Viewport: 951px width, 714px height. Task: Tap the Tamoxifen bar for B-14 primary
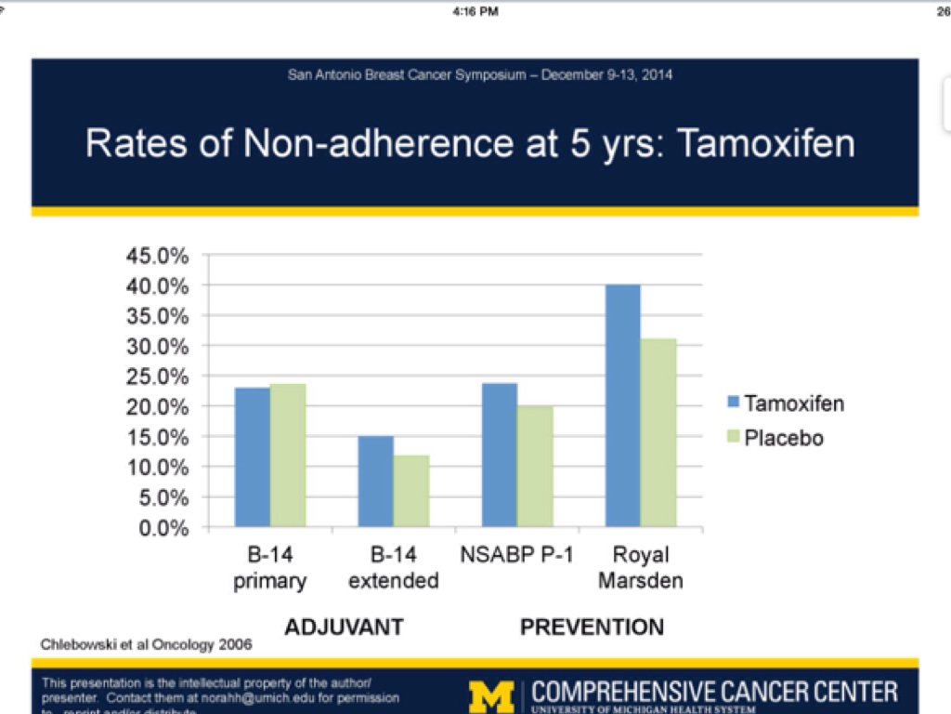click(252, 457)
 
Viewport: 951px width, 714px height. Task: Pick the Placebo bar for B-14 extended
click(411, 492)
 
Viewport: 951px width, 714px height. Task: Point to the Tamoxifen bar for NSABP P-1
click(500, 456)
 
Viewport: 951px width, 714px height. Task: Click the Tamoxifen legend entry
click(784, 403)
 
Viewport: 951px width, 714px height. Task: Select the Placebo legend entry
click(775, 437)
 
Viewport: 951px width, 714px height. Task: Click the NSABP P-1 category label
click(516, 556)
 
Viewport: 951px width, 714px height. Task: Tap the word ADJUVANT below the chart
click(344, 628)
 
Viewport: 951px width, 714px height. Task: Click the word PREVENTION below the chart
click(592, 628)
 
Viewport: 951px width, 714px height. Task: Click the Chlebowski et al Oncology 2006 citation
click(146, 643)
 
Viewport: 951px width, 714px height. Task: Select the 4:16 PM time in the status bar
click(475, 11)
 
